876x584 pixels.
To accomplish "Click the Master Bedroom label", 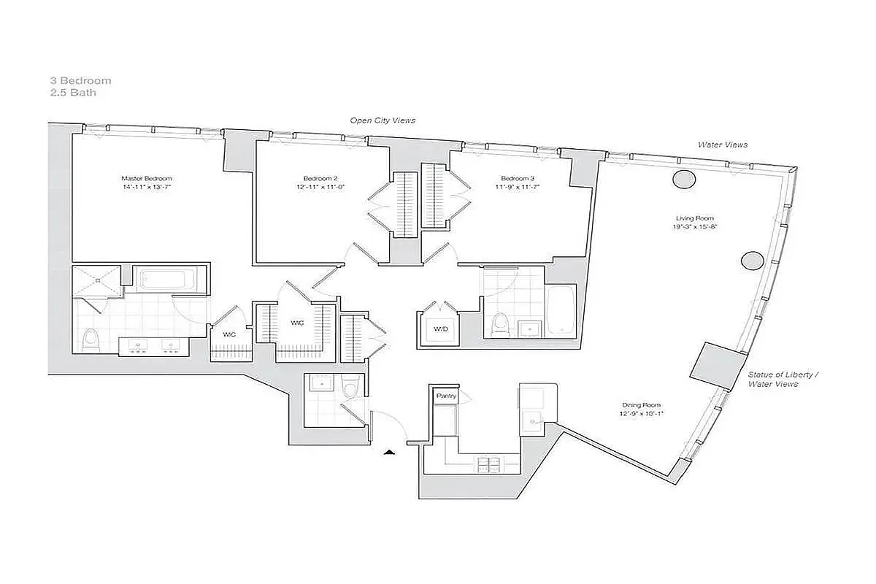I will [147, 178].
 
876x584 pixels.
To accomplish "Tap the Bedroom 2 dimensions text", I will [321, 187].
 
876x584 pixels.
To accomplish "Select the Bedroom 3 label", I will [518, 178].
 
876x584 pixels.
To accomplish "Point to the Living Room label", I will [694, 218].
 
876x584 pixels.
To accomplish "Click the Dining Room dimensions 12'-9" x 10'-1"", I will [642, 414].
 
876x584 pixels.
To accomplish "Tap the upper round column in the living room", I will [683, 178].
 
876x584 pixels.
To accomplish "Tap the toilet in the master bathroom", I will [91, 339].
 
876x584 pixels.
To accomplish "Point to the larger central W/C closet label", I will [297, 323].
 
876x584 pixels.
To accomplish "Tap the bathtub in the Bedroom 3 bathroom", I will [561, 310].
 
